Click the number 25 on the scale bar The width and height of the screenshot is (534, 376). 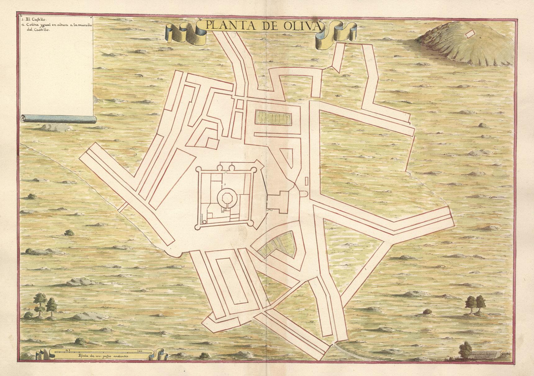point(68,350)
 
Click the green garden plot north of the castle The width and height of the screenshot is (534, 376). point(274,118)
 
